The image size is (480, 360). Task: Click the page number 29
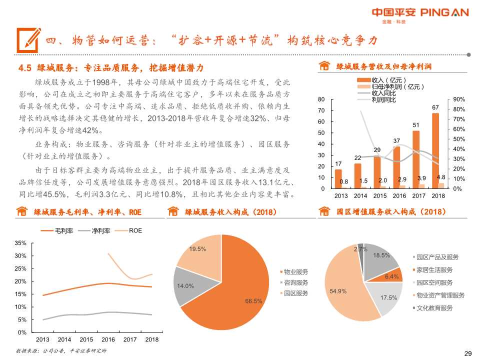468,353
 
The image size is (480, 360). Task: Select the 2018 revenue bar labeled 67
435,150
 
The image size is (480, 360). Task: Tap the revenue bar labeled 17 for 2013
338,178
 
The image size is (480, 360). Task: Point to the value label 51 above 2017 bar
415,124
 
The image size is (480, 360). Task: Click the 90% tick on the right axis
459,99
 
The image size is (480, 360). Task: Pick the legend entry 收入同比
383,93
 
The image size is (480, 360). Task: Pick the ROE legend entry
135,230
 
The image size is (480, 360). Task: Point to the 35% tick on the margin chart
20,243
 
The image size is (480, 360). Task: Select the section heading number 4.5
25,68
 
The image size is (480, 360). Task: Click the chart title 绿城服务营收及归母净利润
383,66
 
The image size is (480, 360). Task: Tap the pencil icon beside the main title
28,39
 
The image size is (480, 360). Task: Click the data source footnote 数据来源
61,350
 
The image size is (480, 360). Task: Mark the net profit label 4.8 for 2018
441,177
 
